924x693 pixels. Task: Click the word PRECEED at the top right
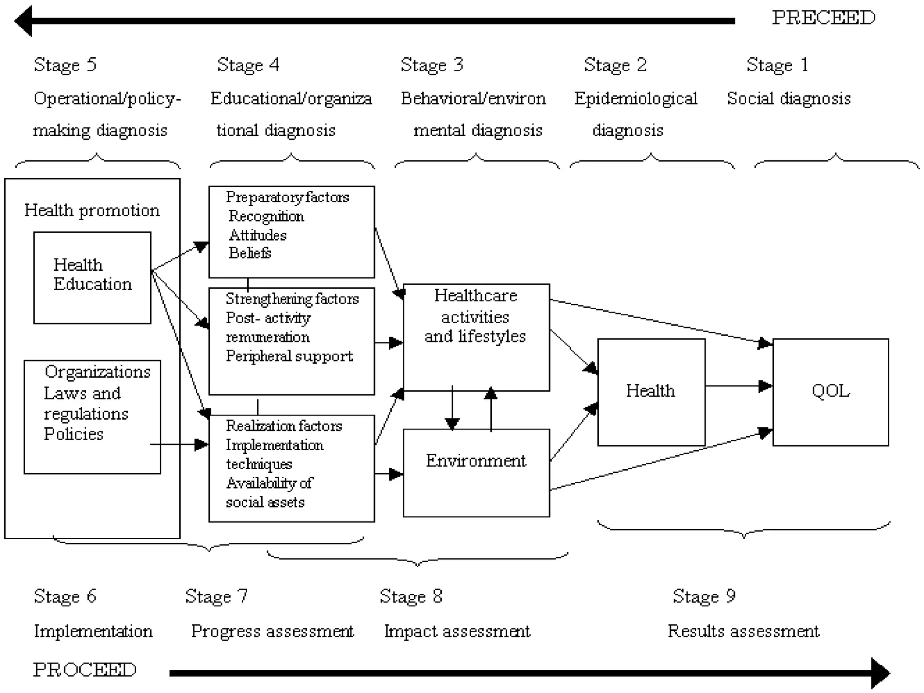[823, 18]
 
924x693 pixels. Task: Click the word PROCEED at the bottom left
[85, 670]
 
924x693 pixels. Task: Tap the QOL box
[830, 392]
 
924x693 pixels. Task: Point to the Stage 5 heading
[65, 65]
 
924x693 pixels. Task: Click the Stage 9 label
[704, 596]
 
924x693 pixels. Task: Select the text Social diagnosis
[789, 98]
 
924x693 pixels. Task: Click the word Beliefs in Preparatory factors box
[249, 253]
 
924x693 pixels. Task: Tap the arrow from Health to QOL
[738, 386]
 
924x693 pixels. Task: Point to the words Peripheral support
[289, 356]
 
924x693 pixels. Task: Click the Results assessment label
[743, 631]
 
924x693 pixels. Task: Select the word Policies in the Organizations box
[74, 434]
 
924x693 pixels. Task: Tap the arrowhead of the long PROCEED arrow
[880, 673]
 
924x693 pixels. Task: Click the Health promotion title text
[92, 211]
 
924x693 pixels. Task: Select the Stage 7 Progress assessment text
[272, 631]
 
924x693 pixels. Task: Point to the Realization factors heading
[284, 426]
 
